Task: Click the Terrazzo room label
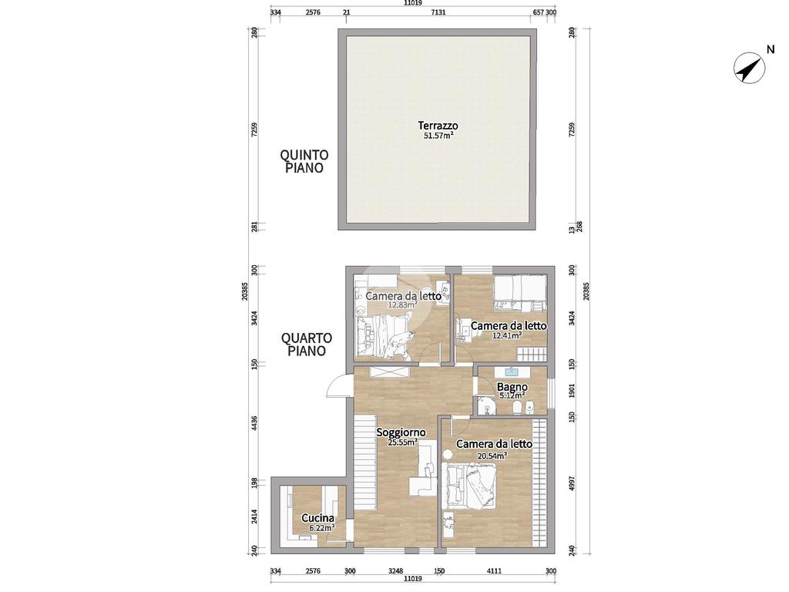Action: click(x=438, y=126)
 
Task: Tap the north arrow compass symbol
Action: click(x=749, y=68)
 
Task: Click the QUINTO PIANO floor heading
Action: click(x=304, y=161)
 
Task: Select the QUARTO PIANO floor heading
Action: click(x=307, y=344)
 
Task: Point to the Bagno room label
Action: click(x=512, y=387)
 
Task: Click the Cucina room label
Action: click(x=317, y=518)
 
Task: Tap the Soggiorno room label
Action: click(x=401, y=432)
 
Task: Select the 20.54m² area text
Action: click(x=492, y=456)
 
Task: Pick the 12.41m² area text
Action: click(x=507, y=336)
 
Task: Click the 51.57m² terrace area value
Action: click(x=438, y=136)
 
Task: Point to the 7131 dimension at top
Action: click(x=438, y=12)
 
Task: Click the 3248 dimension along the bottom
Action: click(x=396, y=571)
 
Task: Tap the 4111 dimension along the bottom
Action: click(x=495, y=571)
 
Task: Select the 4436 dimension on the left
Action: click(x=254, y=423)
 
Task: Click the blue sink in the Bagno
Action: click(x=512, y=372)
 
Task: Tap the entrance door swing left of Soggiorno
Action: click(x=337, y=387)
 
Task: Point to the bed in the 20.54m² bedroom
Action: click(x=470, y=484)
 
